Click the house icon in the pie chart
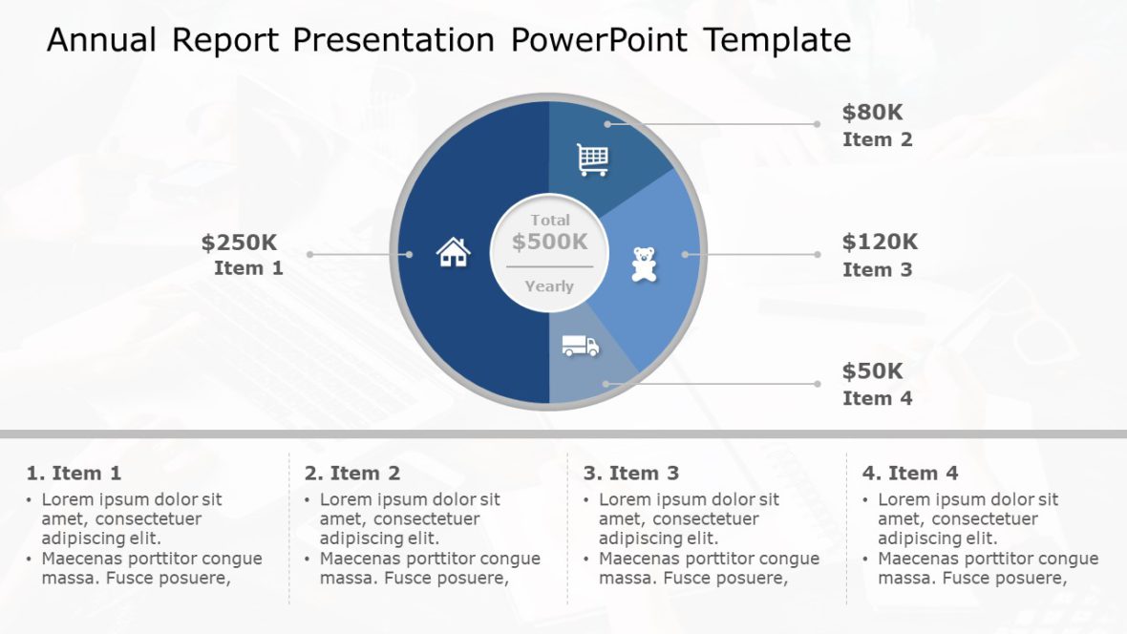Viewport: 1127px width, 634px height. pyautogui.click(x=454, y=252)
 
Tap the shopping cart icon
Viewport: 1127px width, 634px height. pyautogui.click(x=593, y=159)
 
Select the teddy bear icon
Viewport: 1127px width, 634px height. pyautogui.click(x=645, y=264)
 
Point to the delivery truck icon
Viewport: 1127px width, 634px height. pyautogui.click(x=580, y=346)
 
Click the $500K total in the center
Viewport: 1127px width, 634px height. pyautogui.click(x=550, y=242)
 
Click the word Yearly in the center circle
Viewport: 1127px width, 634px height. pyautogui.click(x=549, y=285)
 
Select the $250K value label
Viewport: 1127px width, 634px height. pyautogui.click(x=239, y=243)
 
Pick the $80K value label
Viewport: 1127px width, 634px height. pyautogui.click(x=872, y=112)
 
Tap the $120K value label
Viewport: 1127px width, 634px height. pyautogui.click(x=880, y=242)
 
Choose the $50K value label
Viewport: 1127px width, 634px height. pyautogui.click(x=872, y=370)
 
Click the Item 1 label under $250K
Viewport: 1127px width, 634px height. pyautogui.click(x=248, y=268)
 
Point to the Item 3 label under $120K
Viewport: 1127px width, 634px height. pyautogui.click(x=877, y=269)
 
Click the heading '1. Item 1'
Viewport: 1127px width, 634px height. pyautogui.click(x=74, y=473)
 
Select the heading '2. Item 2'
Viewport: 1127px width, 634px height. pyautogui.click(x=352, y=473)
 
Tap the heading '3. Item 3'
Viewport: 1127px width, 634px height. pyautogui.click(x=631, y=473)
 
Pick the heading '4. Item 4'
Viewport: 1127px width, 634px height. pyautogui.click(x=910, y=473)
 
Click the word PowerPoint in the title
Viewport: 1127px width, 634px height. pyautogui.click(x=598, y=40)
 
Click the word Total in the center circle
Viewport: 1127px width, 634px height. pyautogui.click(x=550, y=220)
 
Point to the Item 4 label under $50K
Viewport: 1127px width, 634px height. pyautogui.click(x=877, y=398)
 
